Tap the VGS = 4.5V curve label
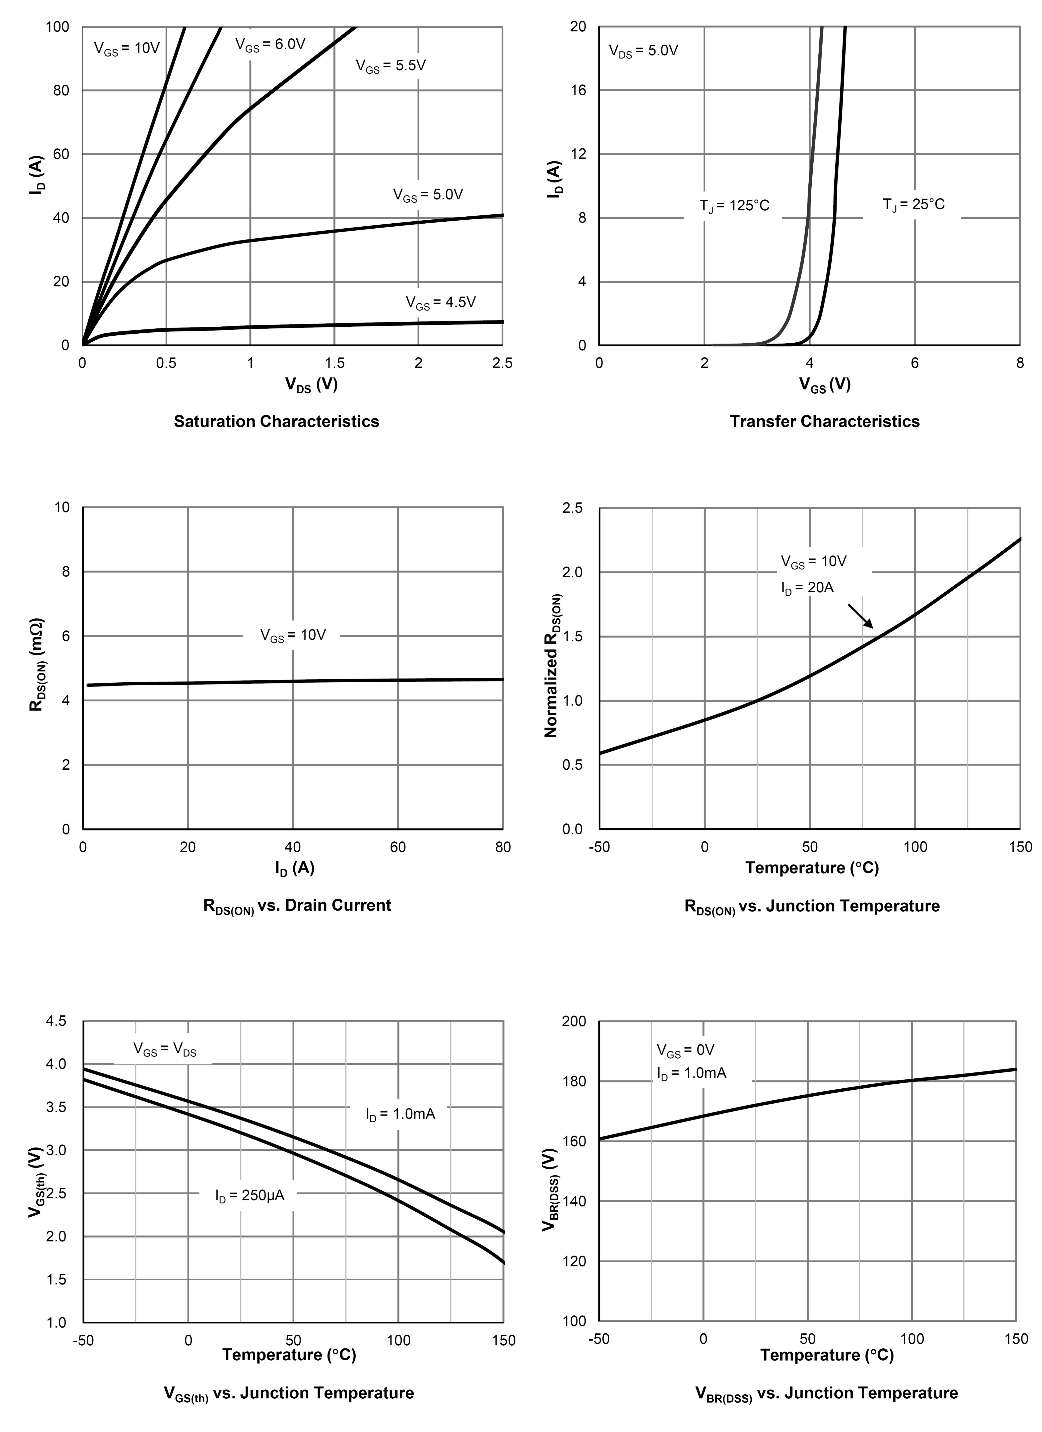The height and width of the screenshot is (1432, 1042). click(x=440, y=303)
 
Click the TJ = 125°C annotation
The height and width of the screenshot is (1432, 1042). click(x=734, y=206)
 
